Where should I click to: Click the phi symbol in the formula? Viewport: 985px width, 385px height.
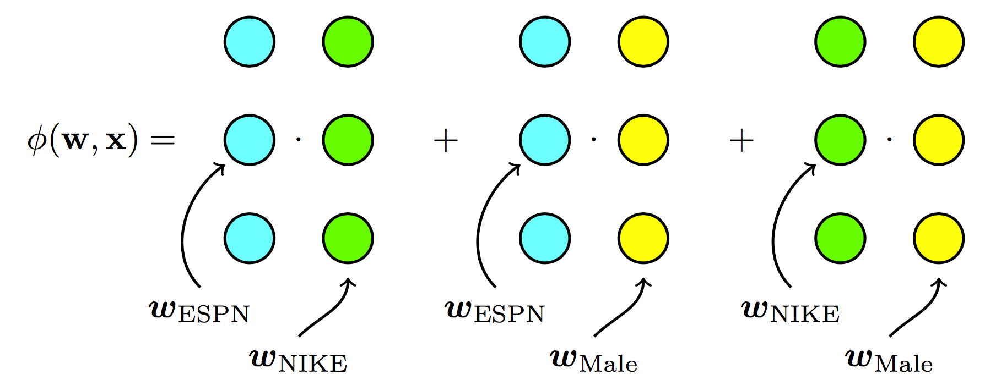pos(37,141)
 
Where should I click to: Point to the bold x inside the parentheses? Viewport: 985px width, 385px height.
pos(116,141)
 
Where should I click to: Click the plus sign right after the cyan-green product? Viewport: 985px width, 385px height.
pos(446,141)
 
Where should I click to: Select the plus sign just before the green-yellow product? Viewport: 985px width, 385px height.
pos(742,141)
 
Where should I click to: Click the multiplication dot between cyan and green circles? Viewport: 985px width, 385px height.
pos(299,140)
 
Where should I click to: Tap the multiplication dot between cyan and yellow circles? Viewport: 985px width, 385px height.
pos(594,140)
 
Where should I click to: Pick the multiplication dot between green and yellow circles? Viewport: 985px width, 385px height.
pos(889,140)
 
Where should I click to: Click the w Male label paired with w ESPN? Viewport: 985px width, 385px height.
pos(593,361)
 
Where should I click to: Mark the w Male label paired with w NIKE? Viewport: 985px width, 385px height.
pos(889,361)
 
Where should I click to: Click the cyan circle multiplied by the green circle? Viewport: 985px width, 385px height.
pos(250,140)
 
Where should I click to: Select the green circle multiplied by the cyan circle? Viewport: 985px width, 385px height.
pos(348,140)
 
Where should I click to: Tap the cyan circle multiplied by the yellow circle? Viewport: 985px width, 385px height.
pos(545,140)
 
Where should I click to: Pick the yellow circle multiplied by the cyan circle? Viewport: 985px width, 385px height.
pos(643,140)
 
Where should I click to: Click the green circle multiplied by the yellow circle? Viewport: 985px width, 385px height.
pos(840,140)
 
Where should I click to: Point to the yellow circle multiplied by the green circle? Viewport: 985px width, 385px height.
pos(939,140)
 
